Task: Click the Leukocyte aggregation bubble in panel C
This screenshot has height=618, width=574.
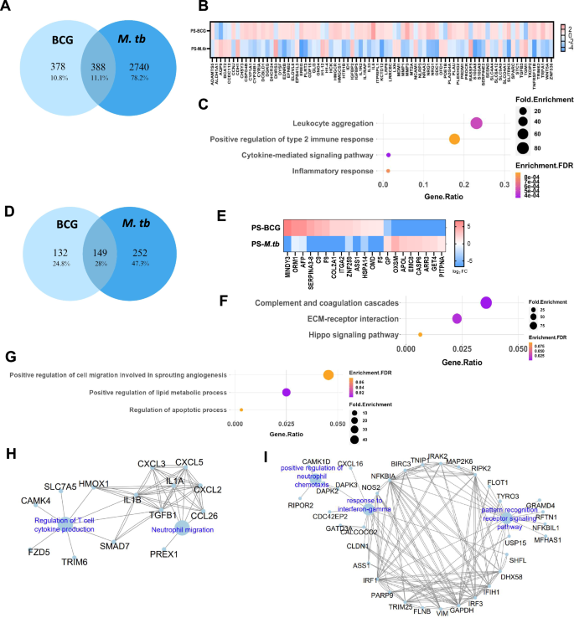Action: coord(477,123)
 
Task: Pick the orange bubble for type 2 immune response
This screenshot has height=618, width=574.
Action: coord(454,139)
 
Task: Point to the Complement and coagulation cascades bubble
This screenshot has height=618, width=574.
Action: coord(486,301)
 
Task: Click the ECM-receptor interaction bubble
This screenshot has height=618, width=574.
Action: coord(457,318)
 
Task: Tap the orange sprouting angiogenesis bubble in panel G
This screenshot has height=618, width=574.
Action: coord(328,374)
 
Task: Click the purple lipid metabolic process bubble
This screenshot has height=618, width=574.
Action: coord(287,392)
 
